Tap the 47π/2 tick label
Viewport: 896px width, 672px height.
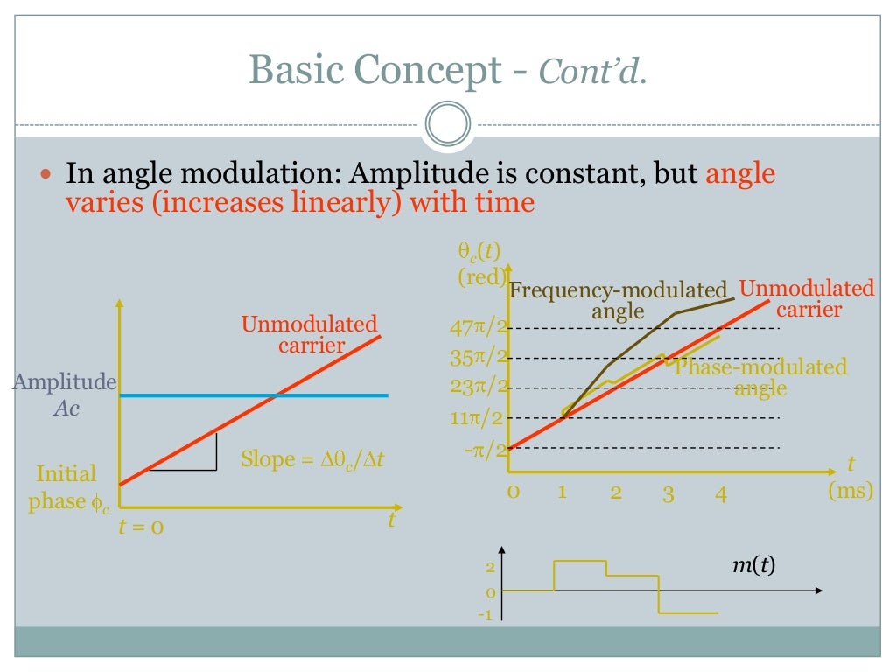click(479, 329)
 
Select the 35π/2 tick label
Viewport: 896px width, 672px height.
click(479, 357)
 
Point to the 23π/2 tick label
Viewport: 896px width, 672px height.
click(479, 386)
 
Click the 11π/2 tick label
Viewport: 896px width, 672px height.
click(479, 418)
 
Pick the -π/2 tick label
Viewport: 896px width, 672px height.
click(486, 450)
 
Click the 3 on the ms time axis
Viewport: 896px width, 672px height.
click(668, 493)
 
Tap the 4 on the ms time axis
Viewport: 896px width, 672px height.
click(720, 493)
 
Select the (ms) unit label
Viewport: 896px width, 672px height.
click(850, 491)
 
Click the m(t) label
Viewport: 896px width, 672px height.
click(753, 566)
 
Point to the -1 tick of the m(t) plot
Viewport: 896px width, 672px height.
click(485, 614)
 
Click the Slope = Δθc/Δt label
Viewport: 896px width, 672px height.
click(312, 459)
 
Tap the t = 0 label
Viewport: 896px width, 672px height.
click(141, 528)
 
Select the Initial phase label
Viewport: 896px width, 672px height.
click(66, 488)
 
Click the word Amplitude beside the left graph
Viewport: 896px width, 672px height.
click(65, 382)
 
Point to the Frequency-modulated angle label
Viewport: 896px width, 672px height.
click(618, 300)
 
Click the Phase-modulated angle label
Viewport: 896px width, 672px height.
click(760, 377)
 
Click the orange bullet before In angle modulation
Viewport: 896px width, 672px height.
click(48, 173)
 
